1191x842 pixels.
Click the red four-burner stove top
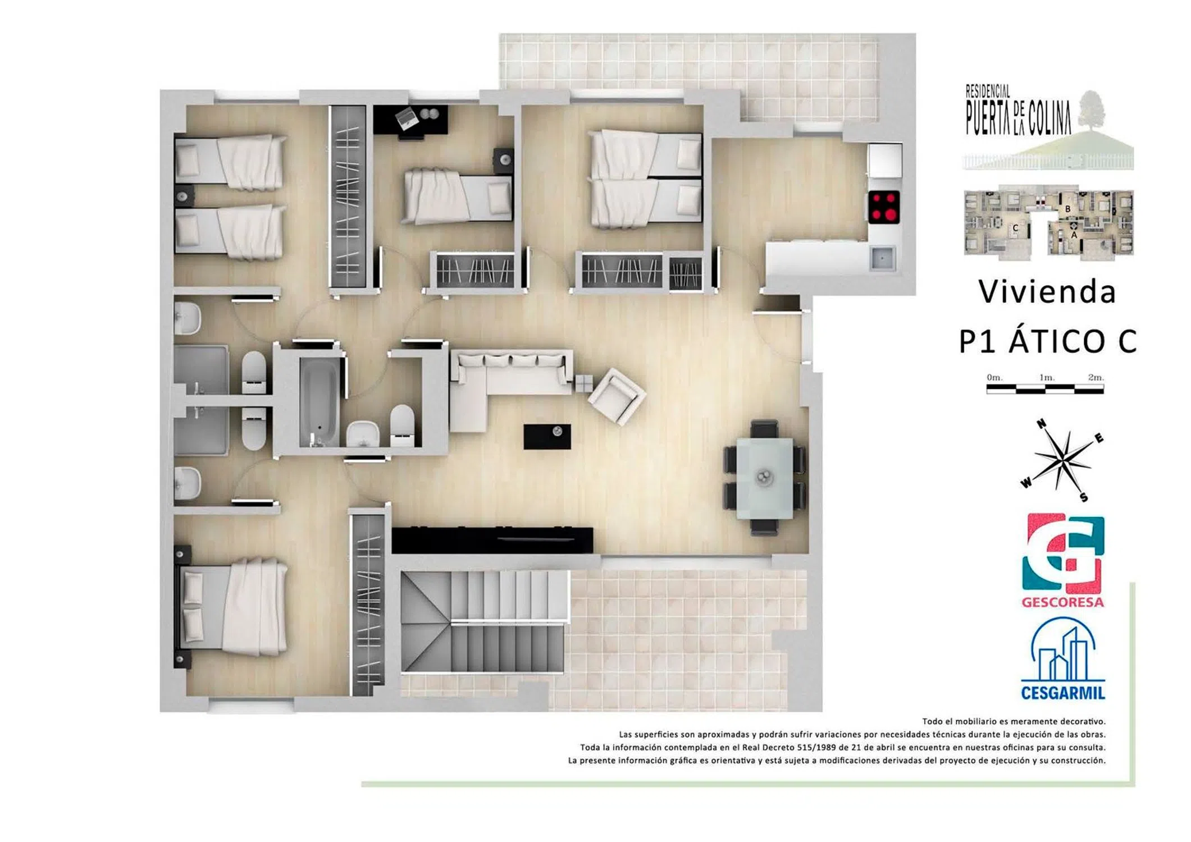(x=884, y=207)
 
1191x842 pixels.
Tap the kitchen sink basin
(x=882, y=258)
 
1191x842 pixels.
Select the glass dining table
(x=764, y=478)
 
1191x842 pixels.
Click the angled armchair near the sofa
(x=617, y=396)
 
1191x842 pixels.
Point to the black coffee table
(x=547, y=437)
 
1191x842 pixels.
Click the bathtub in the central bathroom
(x=319, y=402)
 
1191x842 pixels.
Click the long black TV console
(x=492, y=540)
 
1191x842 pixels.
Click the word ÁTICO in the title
(x=1057, y=341)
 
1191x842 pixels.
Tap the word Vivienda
(x=1047, y=292)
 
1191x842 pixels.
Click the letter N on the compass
(x=1041, y=424)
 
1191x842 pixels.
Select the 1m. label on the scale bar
(x=1046, y=378)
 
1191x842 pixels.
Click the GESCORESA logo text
(x=1062, y=602)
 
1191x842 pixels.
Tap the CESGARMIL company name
(x=1062, y=693)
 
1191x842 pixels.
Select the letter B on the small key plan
(x=1067, y=209)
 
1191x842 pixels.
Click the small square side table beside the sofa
(x=583, y=383)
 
